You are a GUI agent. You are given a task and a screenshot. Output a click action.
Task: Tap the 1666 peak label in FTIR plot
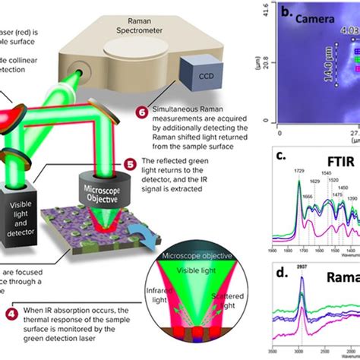tap(288, 197)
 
